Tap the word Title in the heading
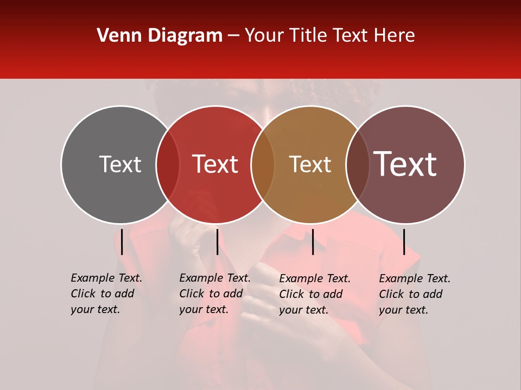coord(308,36)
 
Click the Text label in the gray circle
coord(120,164)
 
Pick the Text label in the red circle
coord(215,164)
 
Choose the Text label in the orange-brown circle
coord(310,164)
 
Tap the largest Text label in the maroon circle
coord(405,164)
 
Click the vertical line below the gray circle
coord(122,242)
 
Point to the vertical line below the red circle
coord(217,242)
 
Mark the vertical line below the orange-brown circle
coord(313,242)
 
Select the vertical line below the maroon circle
coord(404,242)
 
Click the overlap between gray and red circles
coord(168,164)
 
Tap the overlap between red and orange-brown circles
coord(263,164)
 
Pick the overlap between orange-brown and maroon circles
coord(357,164)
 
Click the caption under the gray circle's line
coord(106,294)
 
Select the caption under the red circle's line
coord(215,294)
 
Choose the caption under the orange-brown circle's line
coord(315,294)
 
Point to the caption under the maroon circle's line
coord(415,294)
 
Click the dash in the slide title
coord(233,36)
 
